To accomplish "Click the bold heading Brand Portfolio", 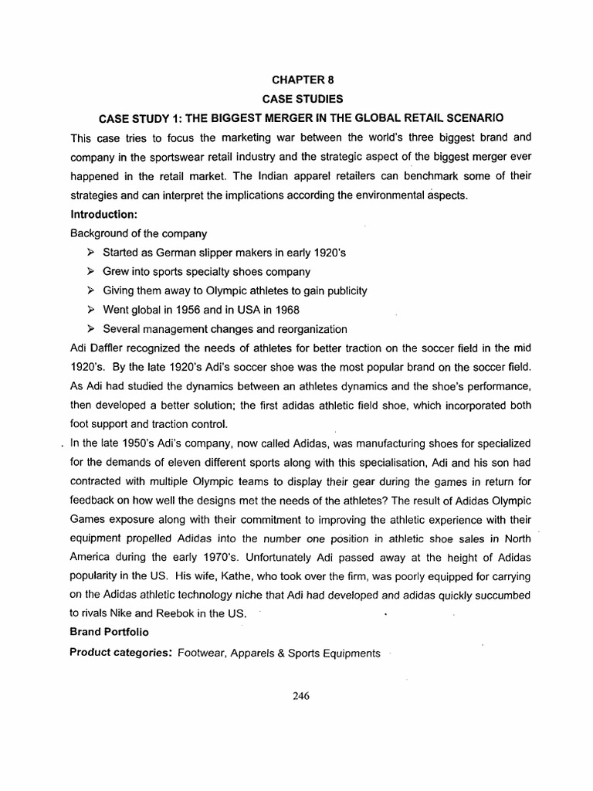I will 110,633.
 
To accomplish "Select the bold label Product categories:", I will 121,652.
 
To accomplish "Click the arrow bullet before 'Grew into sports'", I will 90,271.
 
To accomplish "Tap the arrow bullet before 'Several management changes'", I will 90,328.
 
